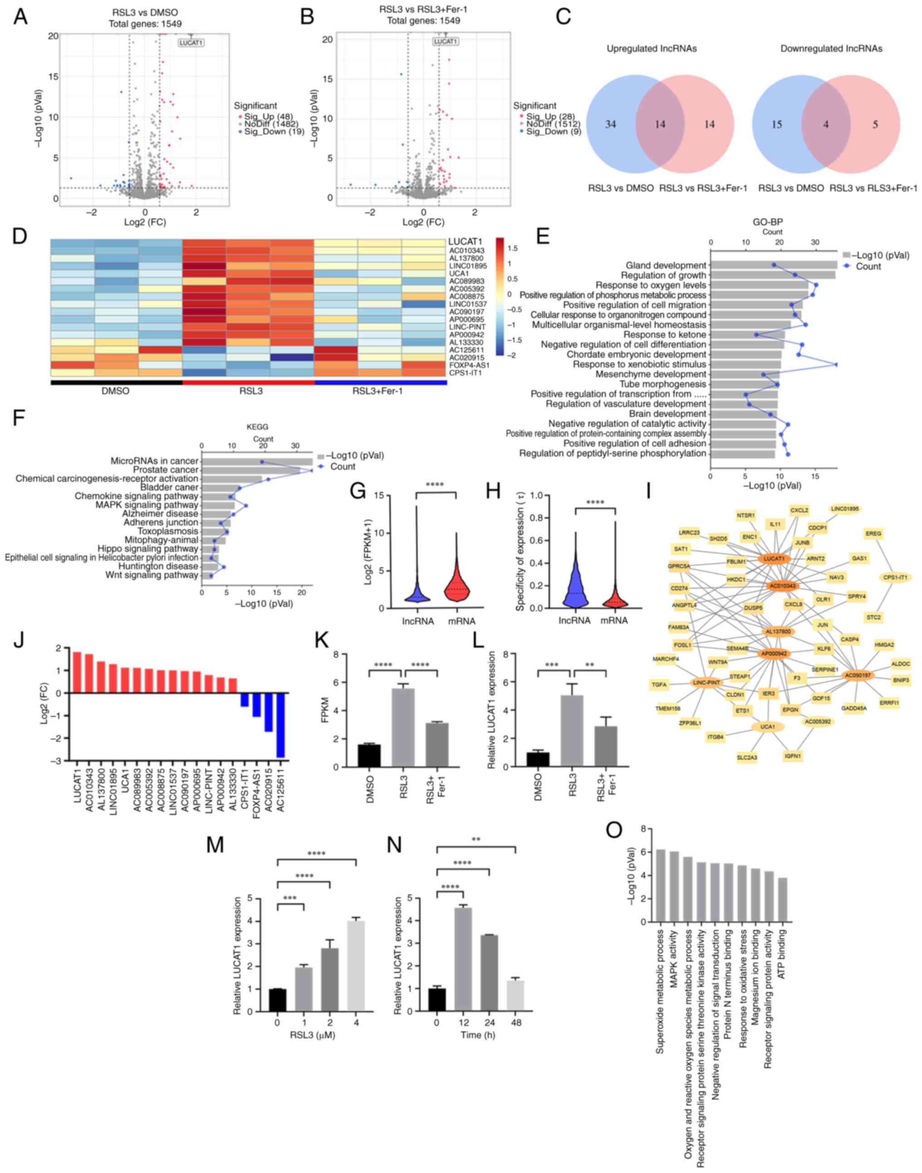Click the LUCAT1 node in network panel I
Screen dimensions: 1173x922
click(774, 558)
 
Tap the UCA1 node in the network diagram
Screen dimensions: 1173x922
click(767, 727)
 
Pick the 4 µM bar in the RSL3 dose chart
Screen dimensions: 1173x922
click(356, 966)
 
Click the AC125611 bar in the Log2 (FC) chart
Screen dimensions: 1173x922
click(280, 726)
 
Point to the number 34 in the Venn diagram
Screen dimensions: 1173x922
click(611, 124)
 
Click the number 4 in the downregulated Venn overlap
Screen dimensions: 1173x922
click(826, 124)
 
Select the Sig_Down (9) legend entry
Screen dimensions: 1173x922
click(550, 131)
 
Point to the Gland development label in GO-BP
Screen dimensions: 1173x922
click(666, 265)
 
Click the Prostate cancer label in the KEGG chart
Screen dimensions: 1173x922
click(166, 470)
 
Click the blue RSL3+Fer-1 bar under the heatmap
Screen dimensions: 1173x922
click(381, 382)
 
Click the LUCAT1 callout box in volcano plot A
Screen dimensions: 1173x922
click(191, 43)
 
